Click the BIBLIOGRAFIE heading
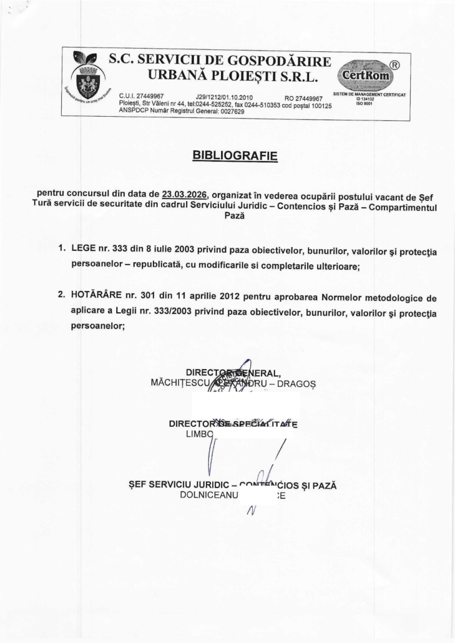coord(235,154)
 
